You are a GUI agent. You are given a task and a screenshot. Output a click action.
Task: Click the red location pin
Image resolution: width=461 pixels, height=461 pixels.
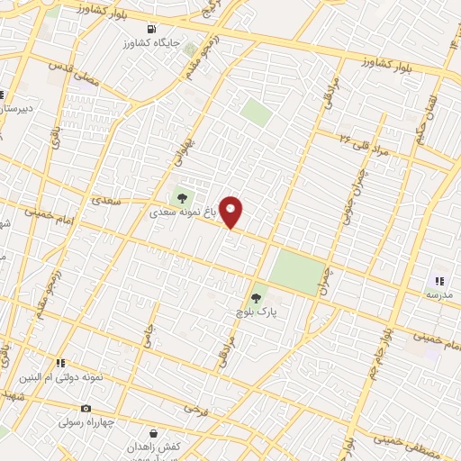click(231, 212)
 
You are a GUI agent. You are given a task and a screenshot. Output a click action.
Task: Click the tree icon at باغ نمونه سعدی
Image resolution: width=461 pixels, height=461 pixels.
click(183, 198)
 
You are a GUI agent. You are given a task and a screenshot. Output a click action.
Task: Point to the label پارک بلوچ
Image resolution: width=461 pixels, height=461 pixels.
click(255, 311)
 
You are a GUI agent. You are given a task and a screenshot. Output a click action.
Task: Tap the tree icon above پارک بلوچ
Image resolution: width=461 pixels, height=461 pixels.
click(256, 294)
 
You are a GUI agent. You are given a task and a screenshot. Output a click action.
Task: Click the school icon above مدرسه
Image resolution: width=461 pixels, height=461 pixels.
click(439, 281)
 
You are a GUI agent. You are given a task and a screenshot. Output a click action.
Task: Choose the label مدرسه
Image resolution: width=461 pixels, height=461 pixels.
click(439, 295)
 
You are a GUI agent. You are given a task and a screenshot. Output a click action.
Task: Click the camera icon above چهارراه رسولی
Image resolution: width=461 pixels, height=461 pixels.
click(86, 409)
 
